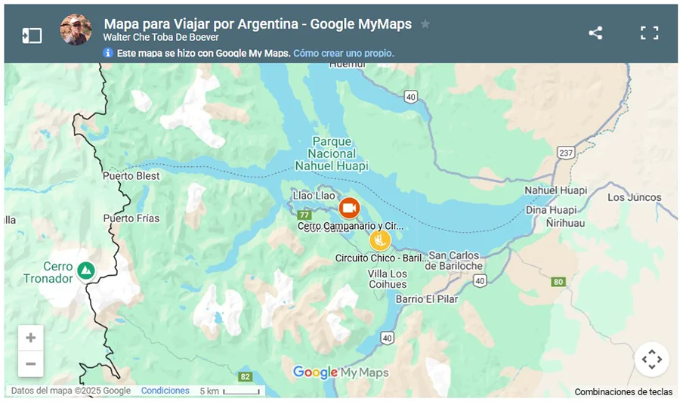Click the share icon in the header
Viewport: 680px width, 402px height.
pyautogui.click(x=595, y=33)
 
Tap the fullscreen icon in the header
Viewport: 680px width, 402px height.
pyautogui.click(x=650, y=33)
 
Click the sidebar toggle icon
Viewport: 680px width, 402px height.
pyautogui.click(x=32, y=36)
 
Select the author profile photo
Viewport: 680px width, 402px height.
pyautogui.click(x=76, y=29)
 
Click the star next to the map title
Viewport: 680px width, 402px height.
pyautogui.click(x=425, y=24)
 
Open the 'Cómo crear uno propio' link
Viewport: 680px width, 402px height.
pyautogui.click(x=343, y=54)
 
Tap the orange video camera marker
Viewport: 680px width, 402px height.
pyautogui.click(x=348, y=208)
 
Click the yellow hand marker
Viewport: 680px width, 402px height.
pyautogui.click(x=379, y=240)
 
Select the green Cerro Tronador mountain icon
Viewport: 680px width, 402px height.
pyautogui.click(x=86, y=270)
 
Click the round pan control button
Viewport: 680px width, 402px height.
pyautogui.click(x=651, y=360)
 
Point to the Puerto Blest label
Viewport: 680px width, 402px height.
pyautogui.click(x=131, y=176)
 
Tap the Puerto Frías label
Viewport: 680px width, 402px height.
pyautogui.click(x=131, y=218)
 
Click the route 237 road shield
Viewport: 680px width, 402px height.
pyautogui.click(x=565, y=153)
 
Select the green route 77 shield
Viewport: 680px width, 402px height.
pyautogui.click(x=304, y=215)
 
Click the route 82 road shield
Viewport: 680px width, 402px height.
pyautogui.click(x=245, y=376)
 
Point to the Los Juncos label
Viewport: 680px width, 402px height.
pyautogui.click(x=634, y=198)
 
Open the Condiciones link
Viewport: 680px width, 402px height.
pyautogui.click(x=165, y=391)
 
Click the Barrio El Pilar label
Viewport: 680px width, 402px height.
pyautogui.click(x=427, y=299)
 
